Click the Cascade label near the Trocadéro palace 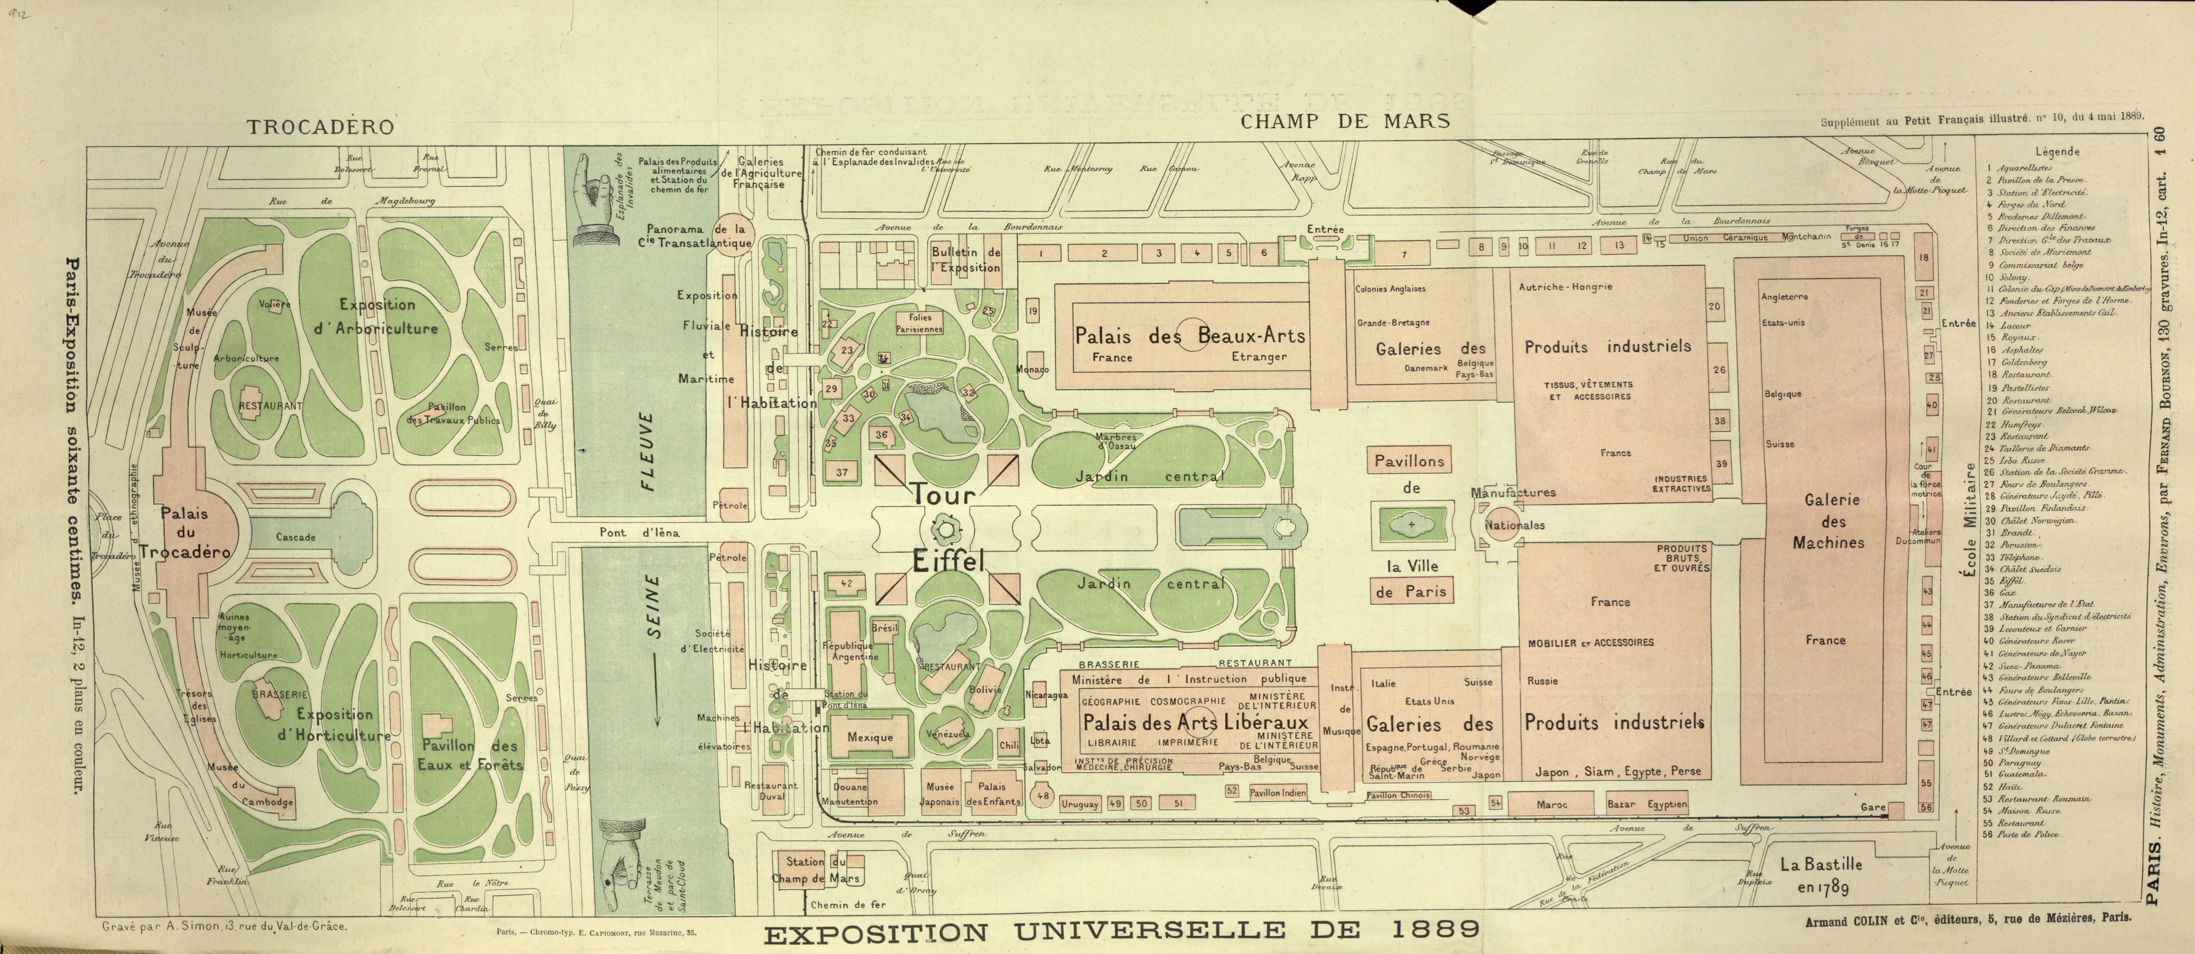(296, 537)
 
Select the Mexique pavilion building (870, 737)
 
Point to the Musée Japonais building (940, 794)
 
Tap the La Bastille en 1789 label (1821, 875)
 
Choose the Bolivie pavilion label (985, 689)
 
